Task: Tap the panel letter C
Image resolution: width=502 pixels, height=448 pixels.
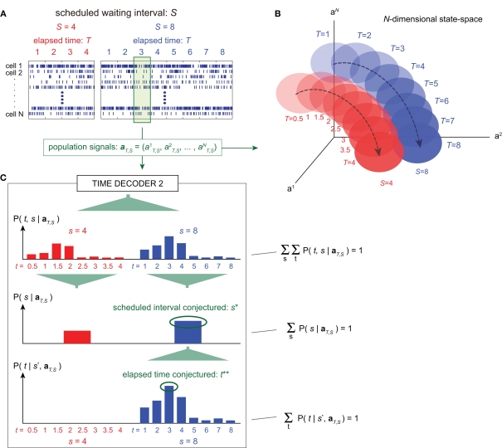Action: (7, 178)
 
